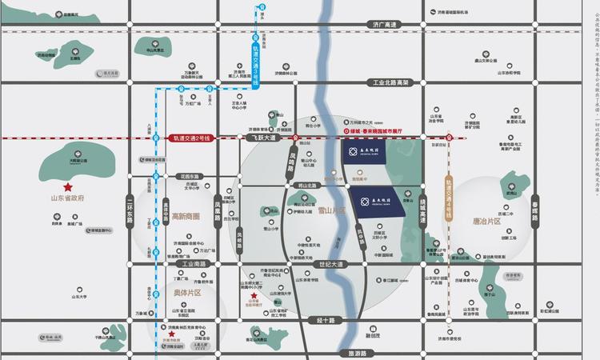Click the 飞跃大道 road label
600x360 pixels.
click(x=260, y=138)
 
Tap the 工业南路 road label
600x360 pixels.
click(x=193, y=263)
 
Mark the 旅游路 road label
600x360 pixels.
click(x=351, y=353)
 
